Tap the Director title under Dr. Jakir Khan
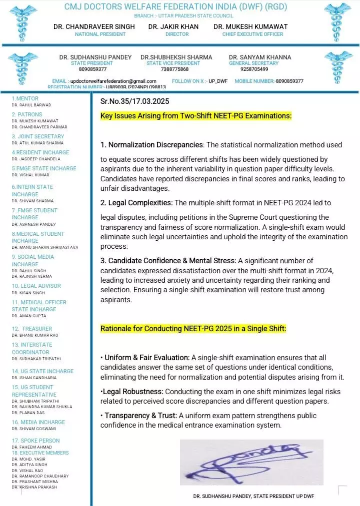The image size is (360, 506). point(177,34)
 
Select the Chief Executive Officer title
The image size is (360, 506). point(252,34)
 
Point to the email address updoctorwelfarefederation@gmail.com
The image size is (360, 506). point(113,81)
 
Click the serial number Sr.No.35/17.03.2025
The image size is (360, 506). point(134,101)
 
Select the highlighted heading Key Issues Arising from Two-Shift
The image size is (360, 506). point(196,116)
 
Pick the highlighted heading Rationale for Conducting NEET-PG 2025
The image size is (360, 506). point(193,329)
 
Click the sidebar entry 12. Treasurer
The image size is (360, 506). point(32,329)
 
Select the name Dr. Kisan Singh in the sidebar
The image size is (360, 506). point(28,293)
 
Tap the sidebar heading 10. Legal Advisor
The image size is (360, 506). point(36,286)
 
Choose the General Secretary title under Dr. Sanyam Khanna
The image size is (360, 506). point(253,63)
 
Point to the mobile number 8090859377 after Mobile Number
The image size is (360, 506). point(289,81)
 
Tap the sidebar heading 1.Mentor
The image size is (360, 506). point(25,99)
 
